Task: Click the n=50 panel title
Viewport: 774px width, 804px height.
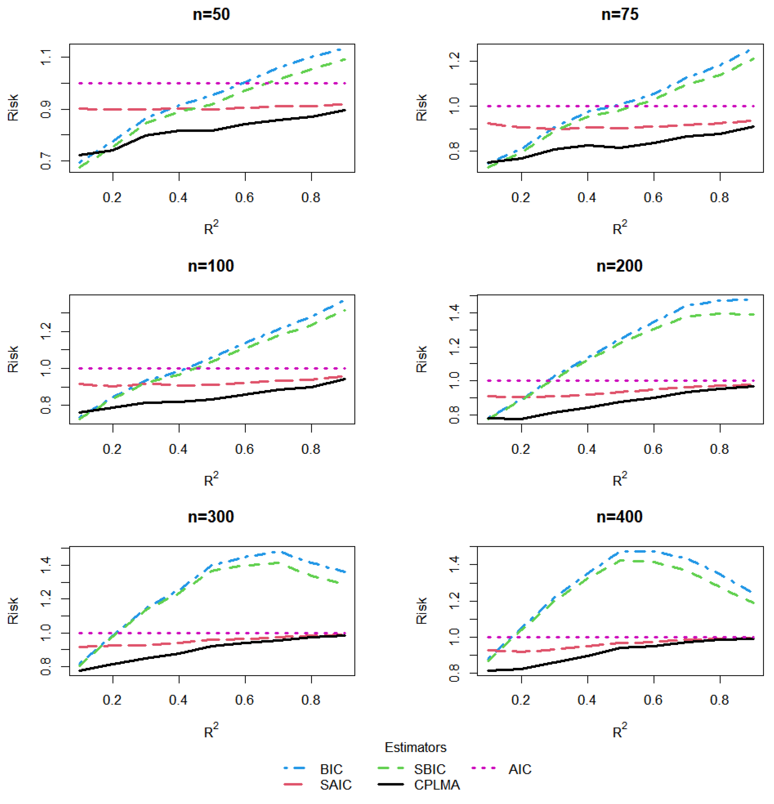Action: (x=211, y=15)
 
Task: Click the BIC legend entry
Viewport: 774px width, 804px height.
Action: (x=331, y=769)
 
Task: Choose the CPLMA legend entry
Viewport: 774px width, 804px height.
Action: (x=437, y=785)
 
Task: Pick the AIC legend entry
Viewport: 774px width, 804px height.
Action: (x=520, y=769)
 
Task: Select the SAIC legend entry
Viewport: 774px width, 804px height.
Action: (x=335, y=785)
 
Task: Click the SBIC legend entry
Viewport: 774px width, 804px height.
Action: (x=429, y=769)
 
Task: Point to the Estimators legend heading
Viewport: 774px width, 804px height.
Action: (x=415, y=747)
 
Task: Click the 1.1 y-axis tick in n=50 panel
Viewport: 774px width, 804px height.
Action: (x=46, y=57)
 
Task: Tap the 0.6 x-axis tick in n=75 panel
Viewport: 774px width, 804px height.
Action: (x=653, y=198)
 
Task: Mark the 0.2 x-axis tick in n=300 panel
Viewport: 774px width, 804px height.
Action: (x=112, y=700)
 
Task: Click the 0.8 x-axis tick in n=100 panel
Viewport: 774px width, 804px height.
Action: (x=311, y=449)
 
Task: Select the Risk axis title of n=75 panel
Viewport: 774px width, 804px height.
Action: (x=422, y=107)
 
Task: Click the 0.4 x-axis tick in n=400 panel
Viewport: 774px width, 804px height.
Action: (x=587, y=700)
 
